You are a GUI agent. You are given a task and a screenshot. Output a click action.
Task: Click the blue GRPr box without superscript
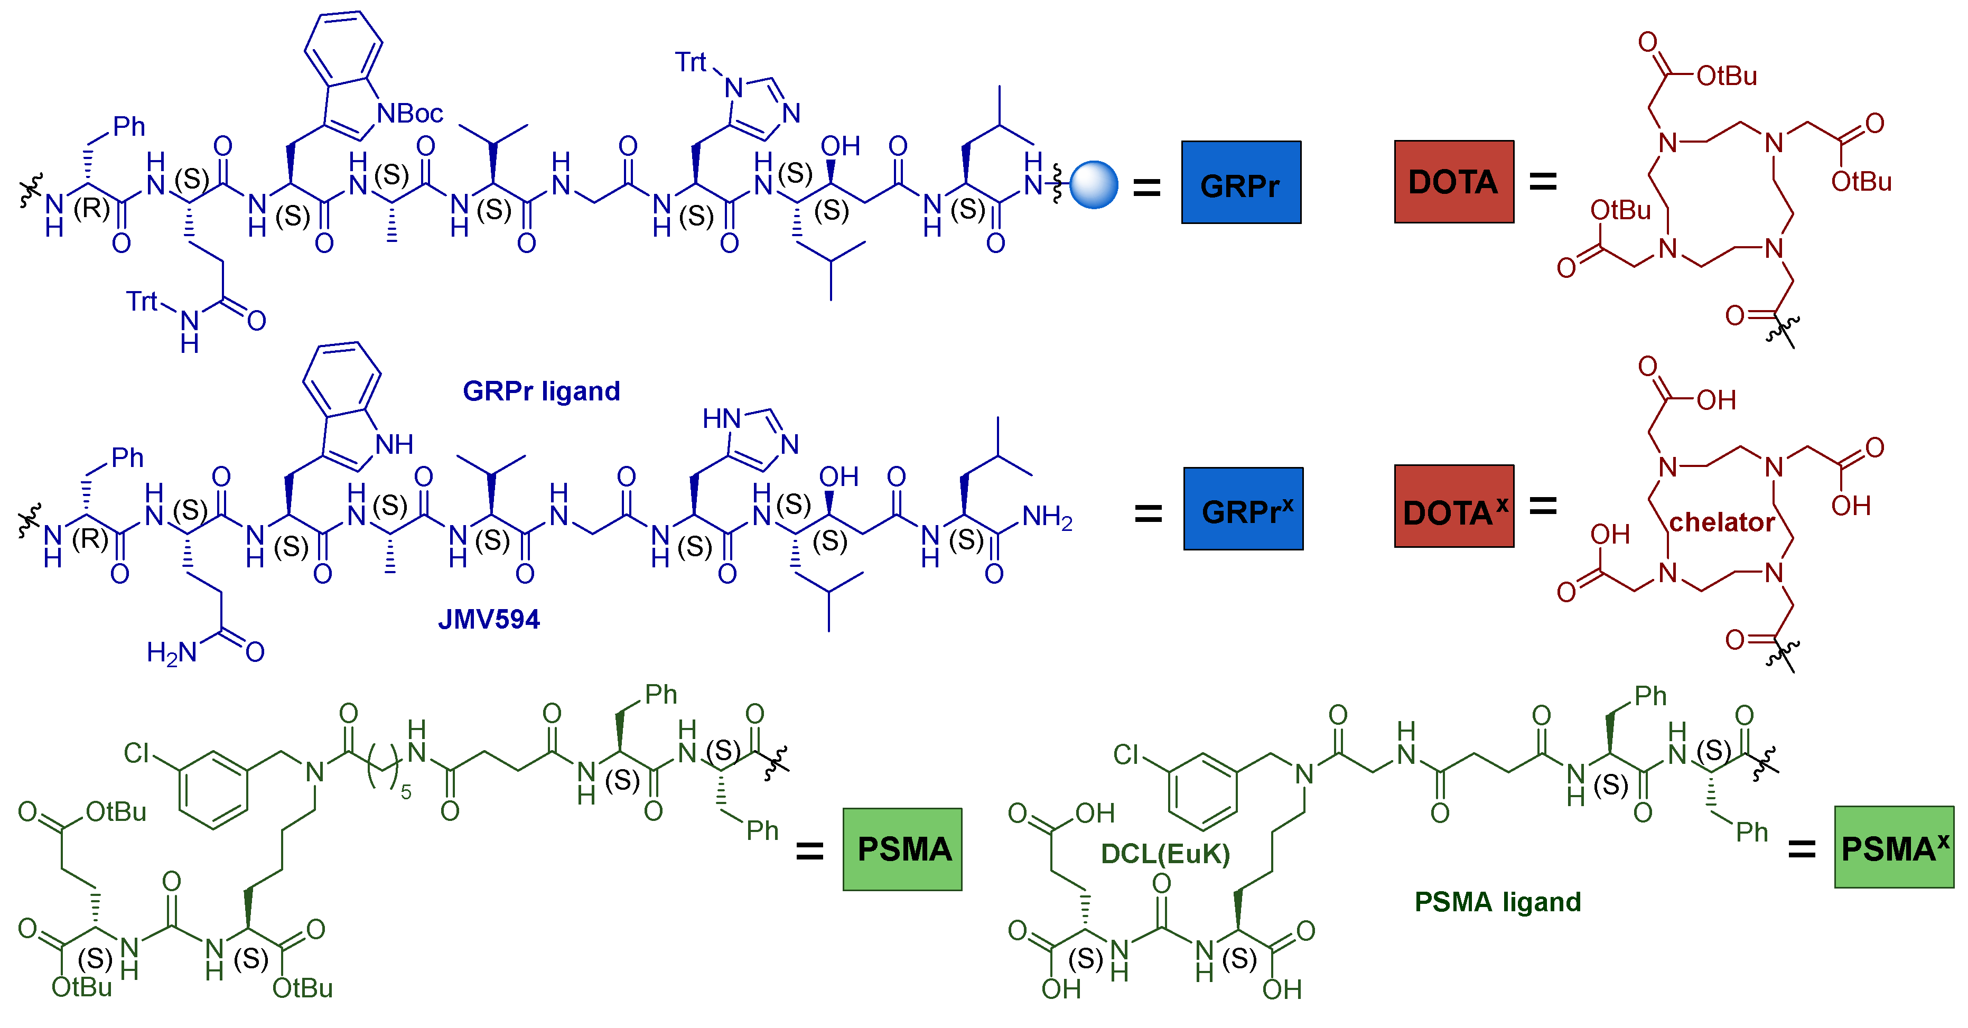(1240, 183)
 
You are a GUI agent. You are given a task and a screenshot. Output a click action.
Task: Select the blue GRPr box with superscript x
(1243, 509)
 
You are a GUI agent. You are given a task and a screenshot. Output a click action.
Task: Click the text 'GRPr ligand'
(541, 391)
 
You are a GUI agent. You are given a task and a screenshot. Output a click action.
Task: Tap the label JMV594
(488, 619)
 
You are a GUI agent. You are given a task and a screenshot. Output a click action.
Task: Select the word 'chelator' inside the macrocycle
(1721, 522)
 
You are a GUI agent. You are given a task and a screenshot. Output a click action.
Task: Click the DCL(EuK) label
(1164, 853)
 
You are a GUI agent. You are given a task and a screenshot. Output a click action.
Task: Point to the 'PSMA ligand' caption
(1497, 902)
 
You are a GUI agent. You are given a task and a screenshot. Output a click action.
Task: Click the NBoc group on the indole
(411, 114)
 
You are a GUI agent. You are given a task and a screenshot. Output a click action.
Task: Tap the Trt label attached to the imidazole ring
(691, 62)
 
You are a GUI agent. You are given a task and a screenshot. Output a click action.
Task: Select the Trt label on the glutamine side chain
(142, 301)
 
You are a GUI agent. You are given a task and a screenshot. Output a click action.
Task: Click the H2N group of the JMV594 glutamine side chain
(171, 652)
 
